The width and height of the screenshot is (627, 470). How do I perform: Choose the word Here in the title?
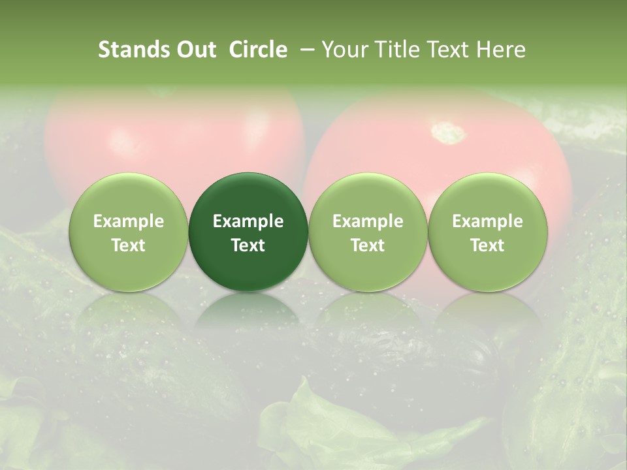click(500, 50)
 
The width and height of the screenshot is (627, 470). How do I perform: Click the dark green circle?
click(248, 232)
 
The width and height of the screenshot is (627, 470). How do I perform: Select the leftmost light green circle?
click(129, 232)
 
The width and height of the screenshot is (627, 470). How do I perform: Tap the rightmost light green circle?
click(487, 232)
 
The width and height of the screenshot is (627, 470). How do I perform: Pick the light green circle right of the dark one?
click(368, 232)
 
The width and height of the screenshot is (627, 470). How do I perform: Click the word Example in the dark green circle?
click(248, 221)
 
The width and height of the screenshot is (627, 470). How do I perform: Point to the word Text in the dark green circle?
click(248, 245)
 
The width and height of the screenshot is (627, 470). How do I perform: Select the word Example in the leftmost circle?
click(129, 221)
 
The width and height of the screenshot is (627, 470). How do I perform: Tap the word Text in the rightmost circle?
click(487, 245)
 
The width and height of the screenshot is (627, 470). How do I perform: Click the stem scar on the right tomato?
click(449, 133)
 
